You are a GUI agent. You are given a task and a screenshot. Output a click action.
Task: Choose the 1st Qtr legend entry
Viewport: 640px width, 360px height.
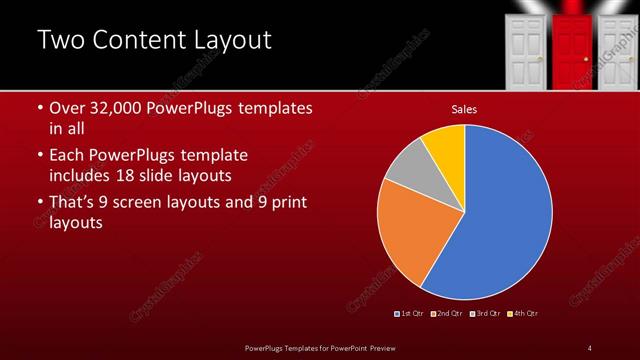pos(411,314)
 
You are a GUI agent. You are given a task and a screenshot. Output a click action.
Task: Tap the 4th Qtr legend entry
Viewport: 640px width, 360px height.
pos(524,314)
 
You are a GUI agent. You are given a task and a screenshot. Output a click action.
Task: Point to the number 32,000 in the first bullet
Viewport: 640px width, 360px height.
pos(122,107)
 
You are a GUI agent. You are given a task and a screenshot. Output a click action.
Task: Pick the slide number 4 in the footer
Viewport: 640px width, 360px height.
pos(589,347)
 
